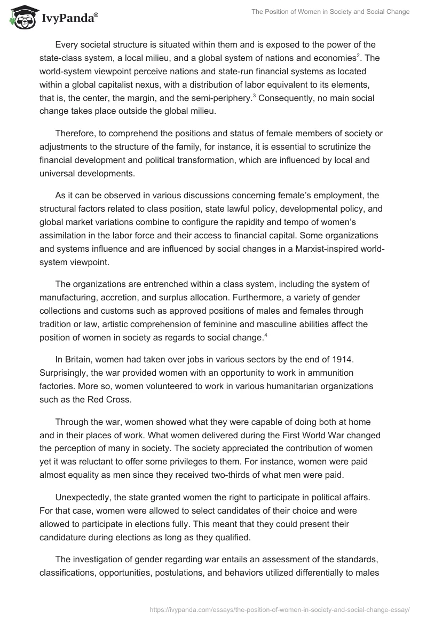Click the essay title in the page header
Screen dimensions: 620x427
329,12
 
